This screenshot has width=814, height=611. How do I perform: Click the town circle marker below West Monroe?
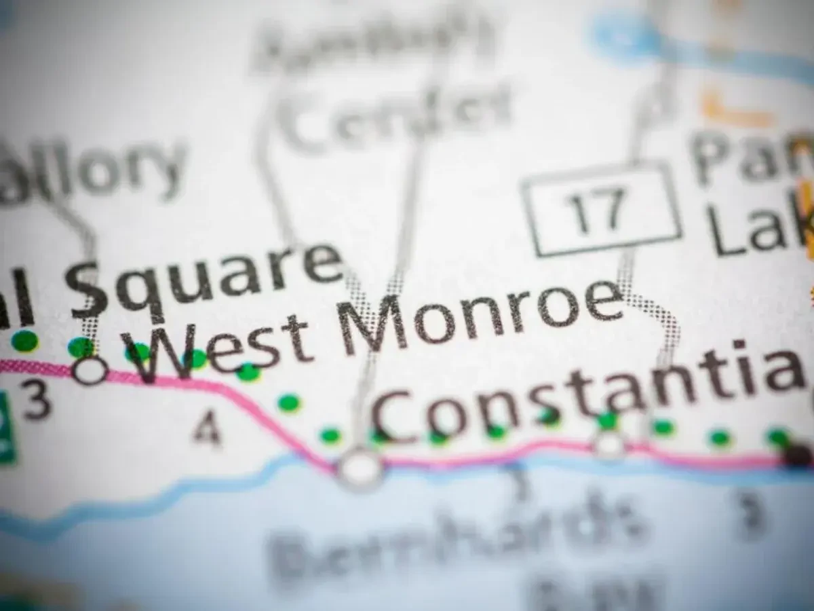360,468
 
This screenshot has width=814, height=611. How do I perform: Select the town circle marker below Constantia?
609,445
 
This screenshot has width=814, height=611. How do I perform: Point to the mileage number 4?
206,429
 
